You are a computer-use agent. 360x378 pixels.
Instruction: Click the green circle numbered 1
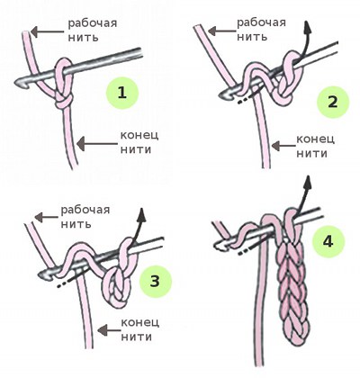pyautogui.click(x=122, y=93)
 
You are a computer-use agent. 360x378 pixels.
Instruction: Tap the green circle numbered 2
pyautogui.click(x=333, y=103)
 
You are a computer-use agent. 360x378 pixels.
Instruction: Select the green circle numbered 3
pyautogui.click(x=156, y=282)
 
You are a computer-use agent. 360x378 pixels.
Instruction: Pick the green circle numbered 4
pyautogui.click(x=328, y=241)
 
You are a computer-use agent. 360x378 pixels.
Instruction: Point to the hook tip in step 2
pyautogui.click(x=222, y=95)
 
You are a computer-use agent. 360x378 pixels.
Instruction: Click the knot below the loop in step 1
pyautogui.click(x=64, y=102)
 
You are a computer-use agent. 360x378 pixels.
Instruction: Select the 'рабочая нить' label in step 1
pyautogui.click(x=93, y=31)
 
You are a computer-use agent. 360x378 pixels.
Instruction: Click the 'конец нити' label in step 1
pyautogui.click(x=139, y=142)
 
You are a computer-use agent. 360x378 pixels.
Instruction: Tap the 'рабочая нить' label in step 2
pyautogui.click(x=261, y=30)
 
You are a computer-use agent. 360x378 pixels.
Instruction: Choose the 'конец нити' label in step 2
pyautogui.click(x=316, y=147)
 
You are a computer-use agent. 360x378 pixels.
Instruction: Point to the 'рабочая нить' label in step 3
pyautogui.click(x=85, y=217)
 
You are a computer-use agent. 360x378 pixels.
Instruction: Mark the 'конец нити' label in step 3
pyautogui.click(x=140, y=330)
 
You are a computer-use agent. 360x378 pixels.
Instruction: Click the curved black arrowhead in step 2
pyautogui.click(x=307, y=28)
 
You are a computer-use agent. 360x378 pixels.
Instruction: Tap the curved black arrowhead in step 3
pyautogui.click(x=141, y=215)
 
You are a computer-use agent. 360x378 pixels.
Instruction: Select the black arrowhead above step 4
pyautogui.click(x=309, y=182)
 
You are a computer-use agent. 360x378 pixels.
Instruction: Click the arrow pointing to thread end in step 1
pyautogui.click(x=98, y=144)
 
